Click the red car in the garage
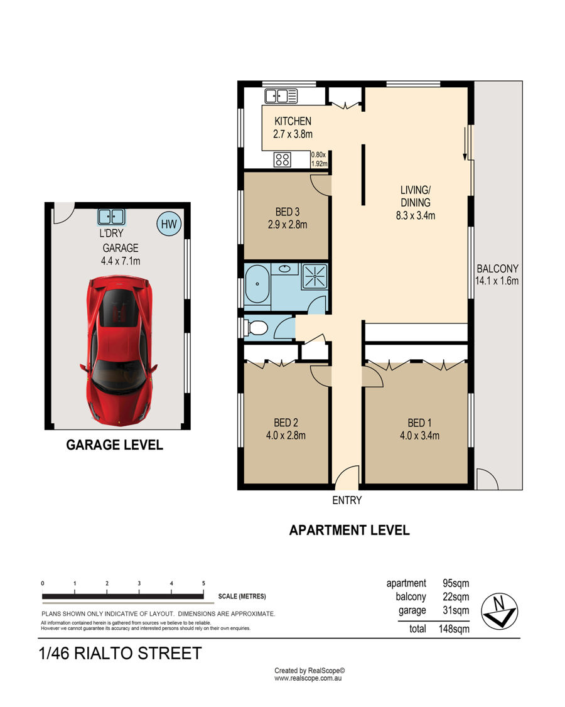click(x=119, y=350)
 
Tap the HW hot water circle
click(x=169, y=224)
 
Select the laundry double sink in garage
click(x=111, y=217)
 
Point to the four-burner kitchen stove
click(x=282, y=159)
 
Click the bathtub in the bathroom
click(x=257, y=284)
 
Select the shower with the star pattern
click(x=315, y=276)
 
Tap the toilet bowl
click(x=256, y=328)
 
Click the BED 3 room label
click(x=288, y=212)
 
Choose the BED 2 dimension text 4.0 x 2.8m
click(x=286, y=436)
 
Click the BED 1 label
click(x=419, y=423)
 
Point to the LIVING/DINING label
click(x=416, y=196)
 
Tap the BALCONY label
click(x=497, y=269)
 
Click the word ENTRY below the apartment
click(x=347, y=500)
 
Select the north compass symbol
click(x=499, y=612)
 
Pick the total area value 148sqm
click(x=454, y=629)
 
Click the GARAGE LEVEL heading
click(x=114, y=445)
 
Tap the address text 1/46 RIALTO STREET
click(x=121, y=654)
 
